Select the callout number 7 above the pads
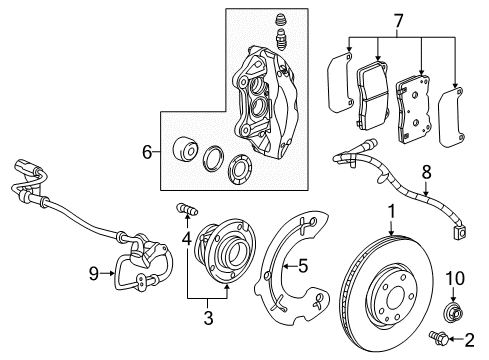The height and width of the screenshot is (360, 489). tap(398, 20)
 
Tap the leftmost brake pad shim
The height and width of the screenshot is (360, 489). tap(343, 79)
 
